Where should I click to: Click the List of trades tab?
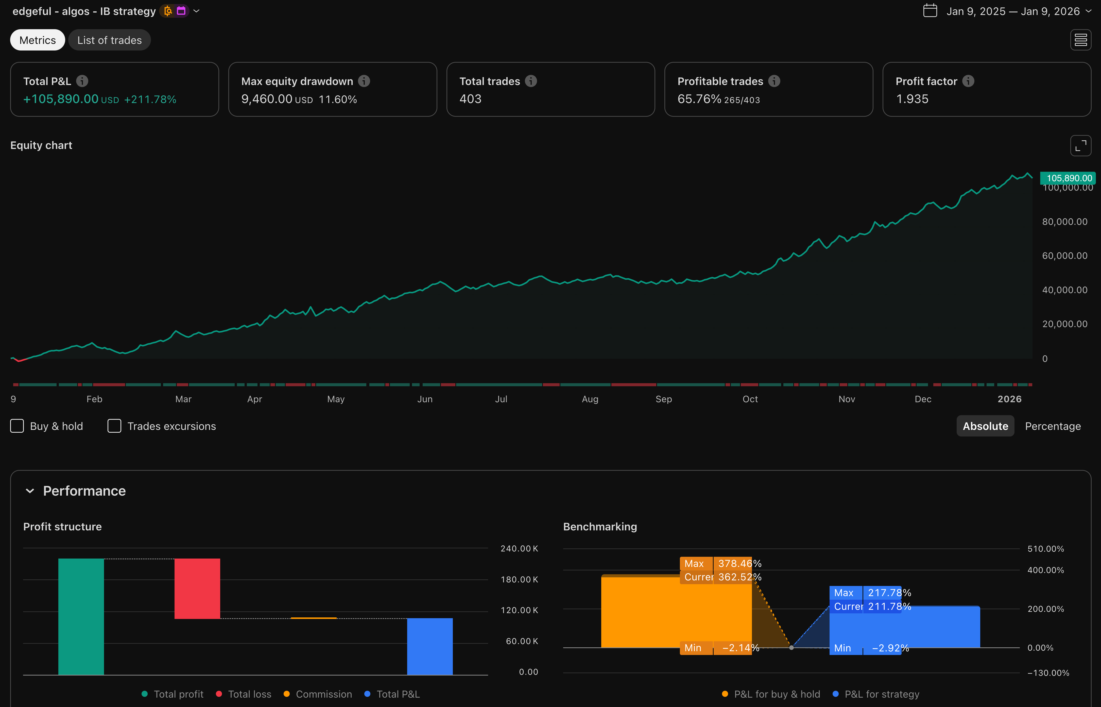pyautogui.click(x=109, y=40)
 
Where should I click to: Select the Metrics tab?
pyautogui.click(x=38, y=40)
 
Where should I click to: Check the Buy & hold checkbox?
pyautogui.click(x=17, y=426)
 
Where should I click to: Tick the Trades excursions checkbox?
pyautogui.click(x=114, y=426)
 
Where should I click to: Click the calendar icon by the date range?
pyautogui.click(x=930, y=11)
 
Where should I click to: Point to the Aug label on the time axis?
pyautogui.click(x=590, y=399)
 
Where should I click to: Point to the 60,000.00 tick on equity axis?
pyautogui.click(x=1064, y=256)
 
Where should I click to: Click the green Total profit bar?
pyautogui.click(x=81, y=616)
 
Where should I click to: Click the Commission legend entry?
pyautogui.click(x=318, y=694)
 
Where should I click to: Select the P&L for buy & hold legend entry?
pyautogui.click(x=771, y=694)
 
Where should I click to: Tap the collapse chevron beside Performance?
pyautogui.click(x=30, y=491)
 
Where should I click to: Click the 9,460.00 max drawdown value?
pyautogui.click(x=267, y=99)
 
